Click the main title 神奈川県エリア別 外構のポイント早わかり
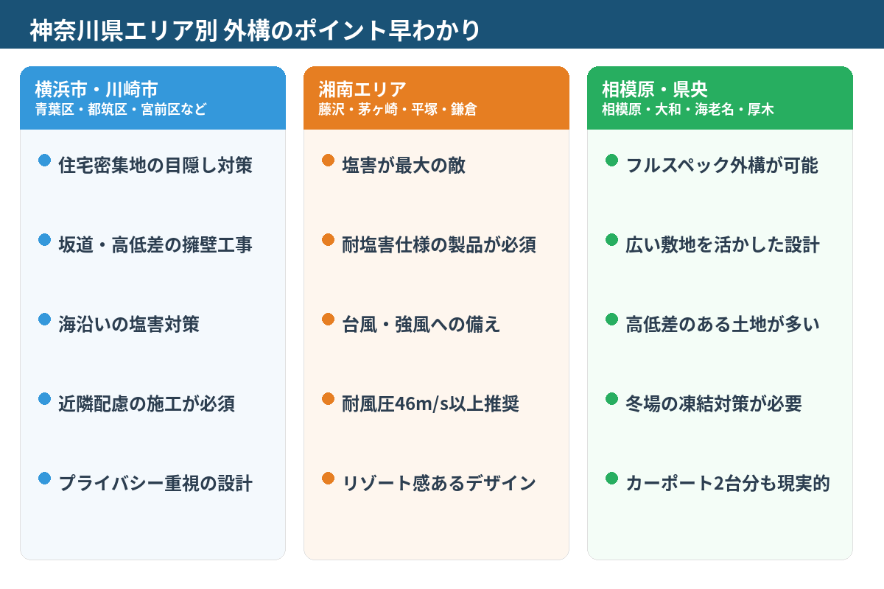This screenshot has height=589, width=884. click(x=255, y=30)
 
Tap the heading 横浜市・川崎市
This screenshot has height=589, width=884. click(x=97, y=90)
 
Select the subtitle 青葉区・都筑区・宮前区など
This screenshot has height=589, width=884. click(x=121, y=110)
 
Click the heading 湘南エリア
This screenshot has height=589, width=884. click(x=362, y=90)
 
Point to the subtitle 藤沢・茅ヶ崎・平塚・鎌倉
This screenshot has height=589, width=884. click(x=397, y=110)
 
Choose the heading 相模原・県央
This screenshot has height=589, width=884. click(x=655, y=90)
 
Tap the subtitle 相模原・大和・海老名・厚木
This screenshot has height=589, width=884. click(x=687, y=110)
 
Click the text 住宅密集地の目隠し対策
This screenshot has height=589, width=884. click(x=155, y=165)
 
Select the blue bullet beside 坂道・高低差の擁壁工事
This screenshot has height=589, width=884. click(x=44, y=240)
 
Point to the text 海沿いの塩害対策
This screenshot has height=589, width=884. click(x=129, y=324)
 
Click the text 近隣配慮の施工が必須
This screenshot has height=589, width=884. click(x=147, y=403)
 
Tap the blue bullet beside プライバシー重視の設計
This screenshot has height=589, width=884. click(x=44, y=479)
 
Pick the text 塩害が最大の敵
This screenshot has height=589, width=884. click(x=404, y=165)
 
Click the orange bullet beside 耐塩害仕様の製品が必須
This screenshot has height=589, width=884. click(x=328, y=240)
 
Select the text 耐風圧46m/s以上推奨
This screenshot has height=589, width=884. click(x=431, y=403)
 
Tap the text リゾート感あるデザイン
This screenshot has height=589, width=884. click(x=439, y=483)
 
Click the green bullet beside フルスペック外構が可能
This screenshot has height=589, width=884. click(x=611, y=161)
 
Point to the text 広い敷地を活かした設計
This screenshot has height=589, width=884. click(x=723, y=244)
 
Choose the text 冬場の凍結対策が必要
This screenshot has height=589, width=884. click(x=714, y=403)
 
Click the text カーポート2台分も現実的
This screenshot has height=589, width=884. click(x=728, y=483)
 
